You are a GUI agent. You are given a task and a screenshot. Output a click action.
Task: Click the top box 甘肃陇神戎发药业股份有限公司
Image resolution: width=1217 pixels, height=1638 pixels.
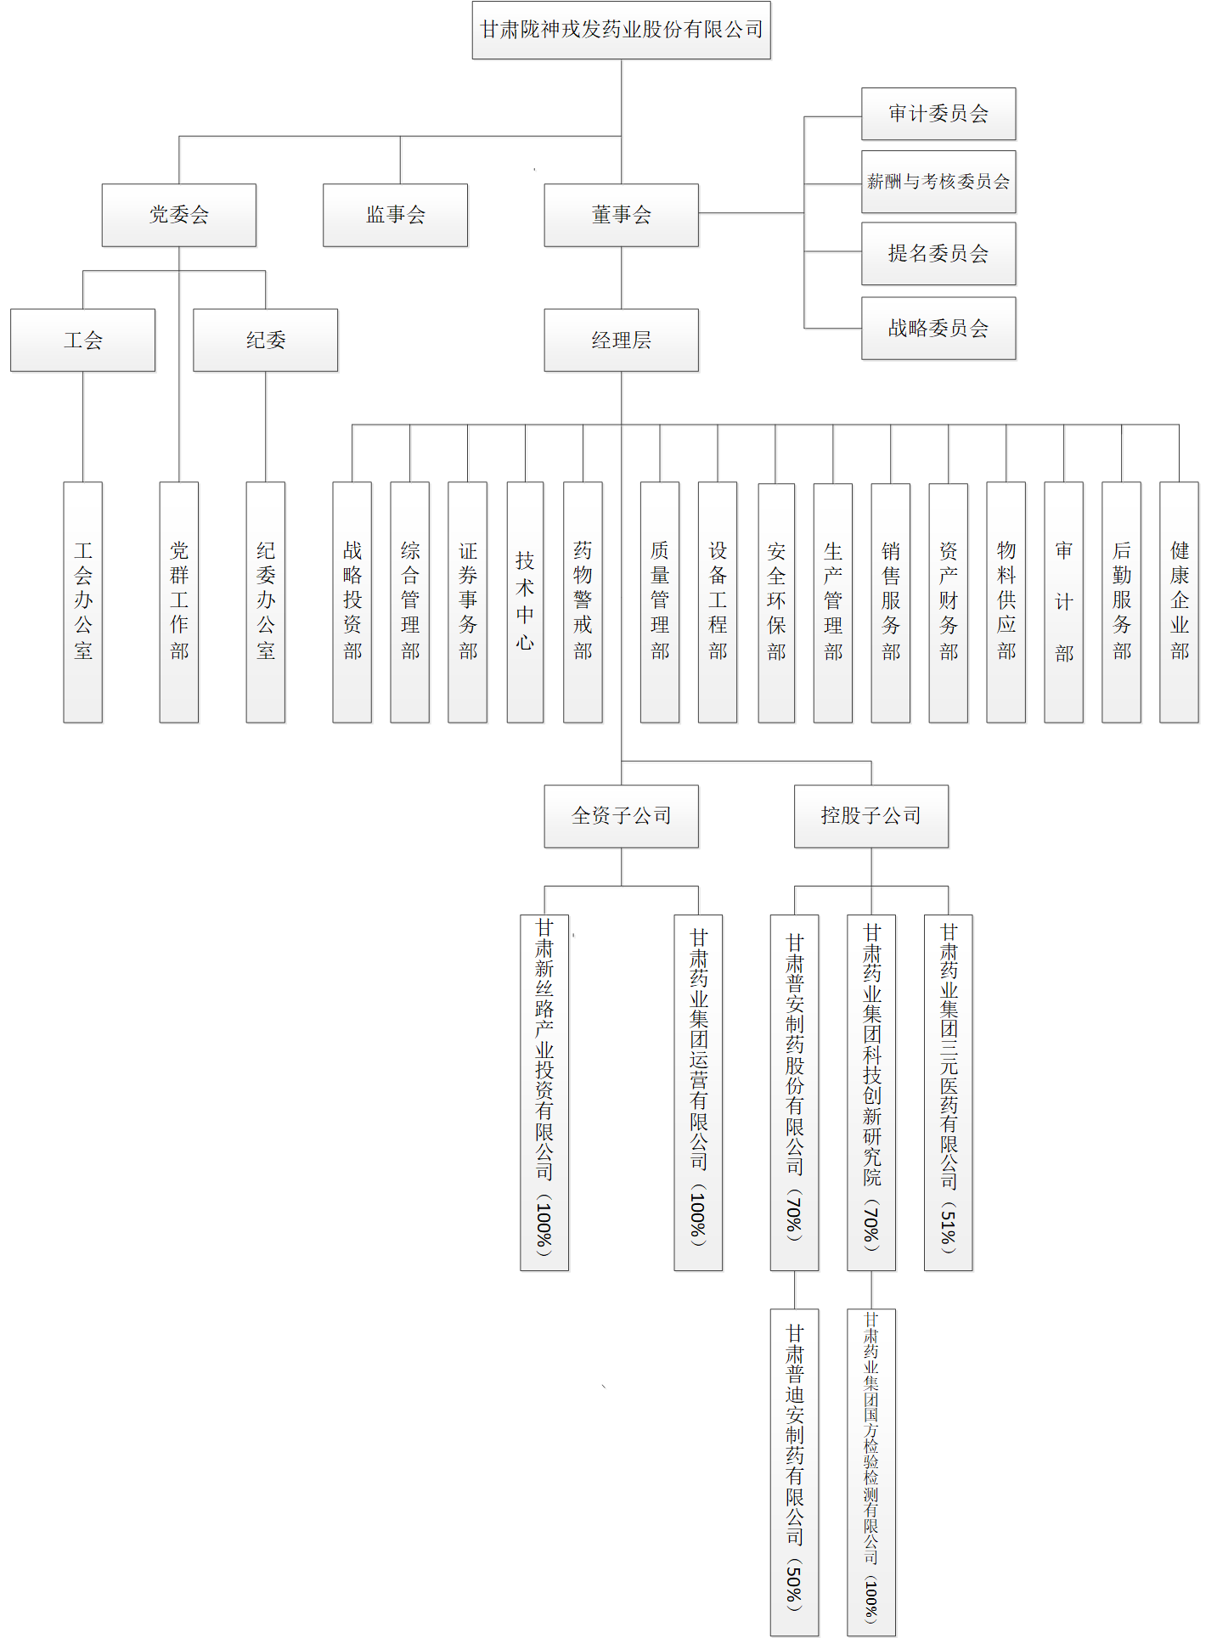(621, 30)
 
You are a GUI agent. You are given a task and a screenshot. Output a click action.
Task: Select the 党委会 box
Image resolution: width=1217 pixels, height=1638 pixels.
(178, 215)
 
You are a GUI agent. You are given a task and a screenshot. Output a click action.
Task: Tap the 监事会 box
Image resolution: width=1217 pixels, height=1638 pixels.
(395, 215)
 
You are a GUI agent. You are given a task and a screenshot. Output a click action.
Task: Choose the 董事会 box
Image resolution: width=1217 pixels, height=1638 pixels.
(621, 215)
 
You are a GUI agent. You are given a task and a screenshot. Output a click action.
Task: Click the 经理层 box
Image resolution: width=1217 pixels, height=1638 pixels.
(621, 340)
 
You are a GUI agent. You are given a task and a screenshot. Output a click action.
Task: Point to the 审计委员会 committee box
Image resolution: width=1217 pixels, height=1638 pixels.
(938, 114)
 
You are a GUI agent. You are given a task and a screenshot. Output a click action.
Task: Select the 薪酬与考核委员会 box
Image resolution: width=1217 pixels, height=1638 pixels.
(938, 182)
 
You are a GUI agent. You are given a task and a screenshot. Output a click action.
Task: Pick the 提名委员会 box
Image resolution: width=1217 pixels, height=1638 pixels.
(938, 253)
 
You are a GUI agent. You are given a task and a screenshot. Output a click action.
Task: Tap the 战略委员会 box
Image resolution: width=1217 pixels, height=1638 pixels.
(938, 328)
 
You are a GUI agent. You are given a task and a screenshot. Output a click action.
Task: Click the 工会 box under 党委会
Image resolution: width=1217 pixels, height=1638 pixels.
(82, 340)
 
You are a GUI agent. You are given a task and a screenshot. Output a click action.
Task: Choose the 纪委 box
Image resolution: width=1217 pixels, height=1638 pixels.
(265, 340)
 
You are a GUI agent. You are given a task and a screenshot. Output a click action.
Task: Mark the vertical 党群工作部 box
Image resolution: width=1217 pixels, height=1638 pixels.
(178, 601)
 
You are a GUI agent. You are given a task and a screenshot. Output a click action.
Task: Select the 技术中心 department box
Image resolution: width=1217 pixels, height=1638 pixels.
(525, 601)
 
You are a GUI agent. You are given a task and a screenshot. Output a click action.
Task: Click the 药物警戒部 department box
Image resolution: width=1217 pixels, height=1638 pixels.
(583, 601)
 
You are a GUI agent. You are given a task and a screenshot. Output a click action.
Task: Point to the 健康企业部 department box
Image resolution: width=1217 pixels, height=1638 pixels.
(1179, 601)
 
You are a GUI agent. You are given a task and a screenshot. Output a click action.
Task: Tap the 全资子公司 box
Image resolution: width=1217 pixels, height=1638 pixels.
(621, 815)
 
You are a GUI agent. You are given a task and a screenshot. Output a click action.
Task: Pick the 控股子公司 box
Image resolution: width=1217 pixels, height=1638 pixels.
(870, 815)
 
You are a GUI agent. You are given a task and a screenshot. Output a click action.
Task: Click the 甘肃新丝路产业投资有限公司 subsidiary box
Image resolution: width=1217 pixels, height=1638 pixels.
(544, 1091)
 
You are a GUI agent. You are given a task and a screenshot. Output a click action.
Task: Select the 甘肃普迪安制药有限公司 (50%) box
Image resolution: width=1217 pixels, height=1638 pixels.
(794, 1471)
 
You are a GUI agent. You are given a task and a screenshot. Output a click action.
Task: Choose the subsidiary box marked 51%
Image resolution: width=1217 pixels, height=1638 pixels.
(948, 1091)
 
